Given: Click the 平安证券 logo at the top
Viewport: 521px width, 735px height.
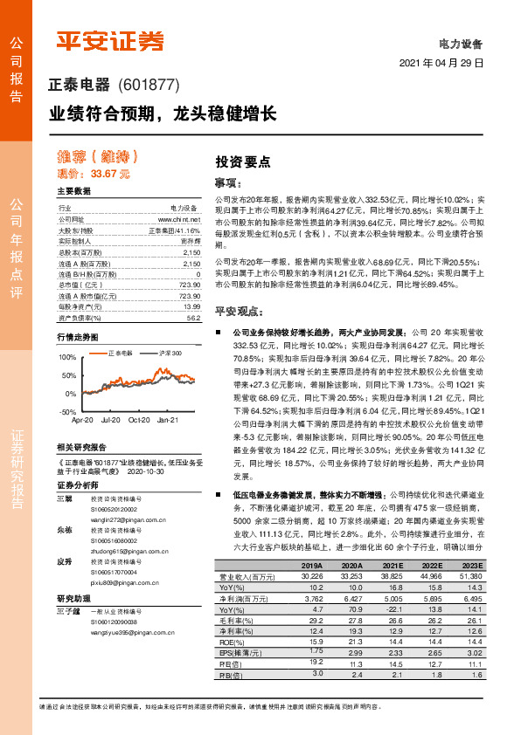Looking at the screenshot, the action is (109, 41).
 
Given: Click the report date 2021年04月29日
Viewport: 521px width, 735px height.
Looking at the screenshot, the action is (441, 65).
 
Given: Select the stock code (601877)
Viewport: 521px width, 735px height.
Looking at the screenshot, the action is (148, 86).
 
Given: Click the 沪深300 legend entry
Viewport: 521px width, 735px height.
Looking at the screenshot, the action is (167, 354).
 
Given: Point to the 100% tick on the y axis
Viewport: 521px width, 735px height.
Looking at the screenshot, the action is (67, 357).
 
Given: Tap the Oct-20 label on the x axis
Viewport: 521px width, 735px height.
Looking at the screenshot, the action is (139, 420).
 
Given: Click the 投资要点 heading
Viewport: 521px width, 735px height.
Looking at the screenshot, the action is (243, 161).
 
